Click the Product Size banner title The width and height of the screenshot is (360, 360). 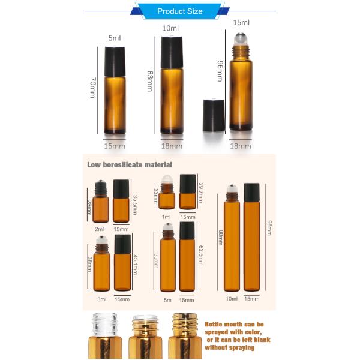[179, 11]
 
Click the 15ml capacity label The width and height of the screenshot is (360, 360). [241, 23]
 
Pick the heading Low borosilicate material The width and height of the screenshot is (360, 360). [130, 164]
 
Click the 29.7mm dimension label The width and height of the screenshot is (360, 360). [201, 190]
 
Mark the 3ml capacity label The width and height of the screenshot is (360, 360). [102, 299]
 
